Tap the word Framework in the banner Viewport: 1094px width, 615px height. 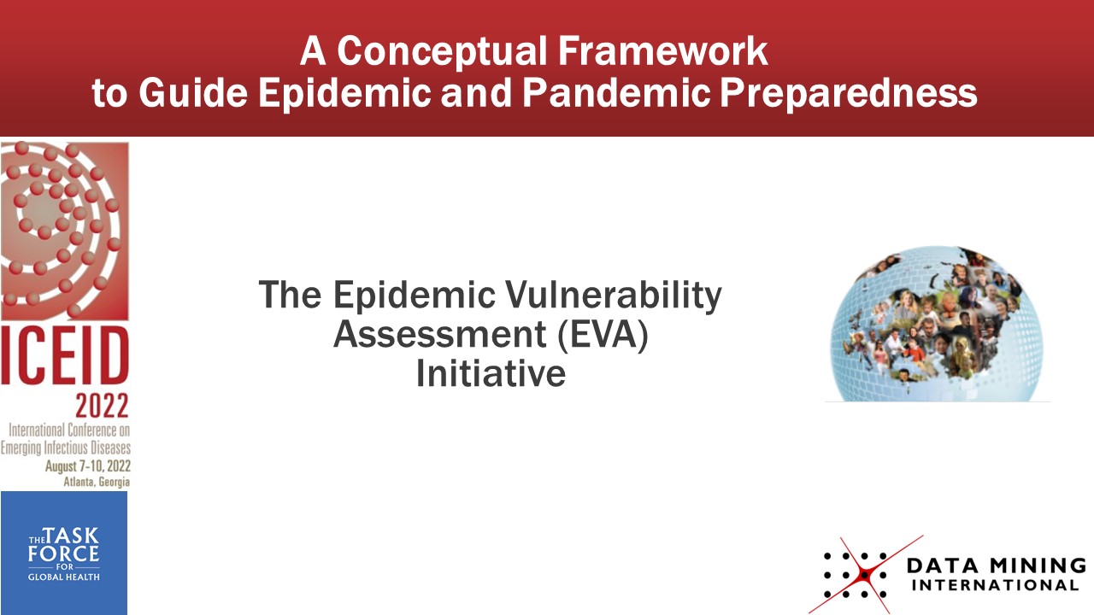(x=663, y=51)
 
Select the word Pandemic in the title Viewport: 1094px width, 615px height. (x=615, y=93)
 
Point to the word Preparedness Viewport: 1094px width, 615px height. (x=849, y=94)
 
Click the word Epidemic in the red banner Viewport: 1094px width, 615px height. (x=344, y=94)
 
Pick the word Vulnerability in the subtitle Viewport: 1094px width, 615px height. (x=613, y=296)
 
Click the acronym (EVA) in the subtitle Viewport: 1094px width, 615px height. (x=603, y=335)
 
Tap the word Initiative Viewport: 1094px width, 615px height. (x=491, y=373)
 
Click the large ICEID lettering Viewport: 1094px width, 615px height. (x=65, y=355)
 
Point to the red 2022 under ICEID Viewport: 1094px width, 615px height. (x=102, y=406)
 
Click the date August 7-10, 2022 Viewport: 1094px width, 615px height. (x=88, y=466)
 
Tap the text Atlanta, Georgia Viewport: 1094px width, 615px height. (x=97, y=483)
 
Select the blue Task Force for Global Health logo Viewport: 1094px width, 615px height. (x=64, y=553)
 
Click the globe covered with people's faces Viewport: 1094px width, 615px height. (x=936, y=324)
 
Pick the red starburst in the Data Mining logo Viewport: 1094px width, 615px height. (x=865, y=575)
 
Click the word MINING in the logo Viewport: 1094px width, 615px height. (x=1038, y=566)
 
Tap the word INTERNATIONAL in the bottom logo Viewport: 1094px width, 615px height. (x=995, y=585)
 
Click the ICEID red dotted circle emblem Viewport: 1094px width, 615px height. (x=65, y=231)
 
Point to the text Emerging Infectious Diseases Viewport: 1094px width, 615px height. (x=66, y=448)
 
